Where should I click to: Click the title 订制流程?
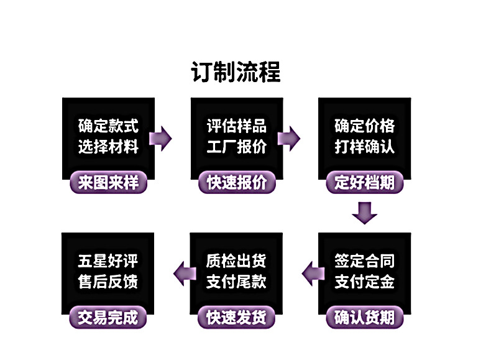point(236,72)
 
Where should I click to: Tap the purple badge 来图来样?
point(108,183)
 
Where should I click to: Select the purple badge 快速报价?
point(236,183)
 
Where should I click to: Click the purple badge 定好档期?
point(364,183)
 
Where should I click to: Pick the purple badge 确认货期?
point(364,317)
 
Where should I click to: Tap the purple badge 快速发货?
point(236,317)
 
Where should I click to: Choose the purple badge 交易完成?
point(108,317)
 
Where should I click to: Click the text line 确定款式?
point(108,126)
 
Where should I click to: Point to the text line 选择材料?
point(108,147)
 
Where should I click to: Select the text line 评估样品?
point(236,126)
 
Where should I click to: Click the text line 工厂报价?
point(236,147)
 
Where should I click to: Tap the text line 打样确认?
point(364,147)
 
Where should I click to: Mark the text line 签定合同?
point(364,261)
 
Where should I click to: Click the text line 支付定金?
point(364,282)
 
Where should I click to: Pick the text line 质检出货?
point(236,261)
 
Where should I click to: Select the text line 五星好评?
point(108,261)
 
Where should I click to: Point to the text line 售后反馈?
point(108,282)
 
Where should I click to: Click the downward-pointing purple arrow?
point(364,213)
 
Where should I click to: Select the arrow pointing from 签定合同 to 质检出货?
point(311,272)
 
